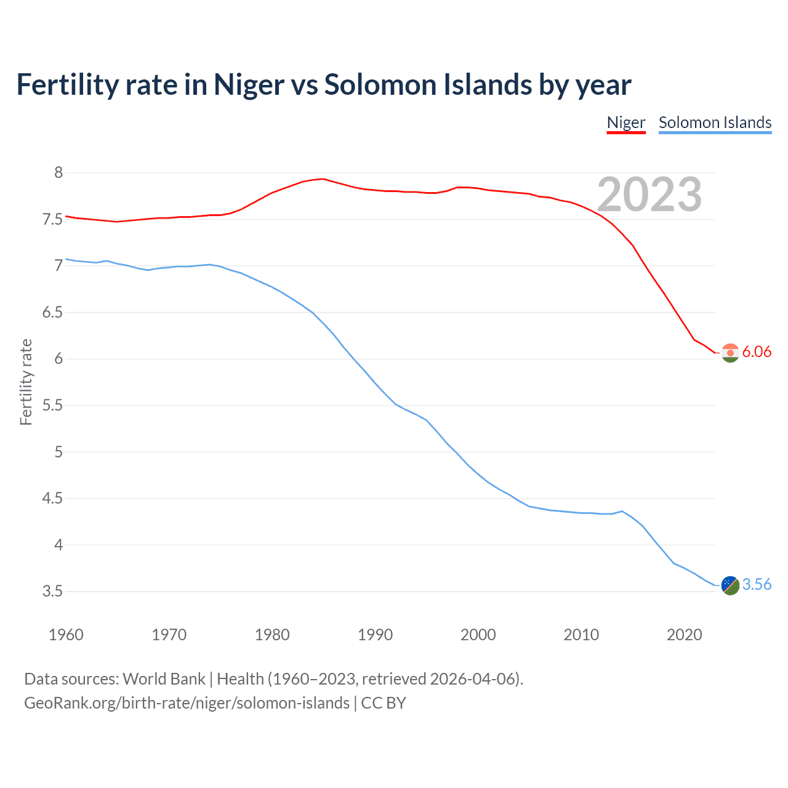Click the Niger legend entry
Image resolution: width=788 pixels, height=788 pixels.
tap(625, 123)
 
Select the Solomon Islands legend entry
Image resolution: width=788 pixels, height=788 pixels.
tap(715, 123)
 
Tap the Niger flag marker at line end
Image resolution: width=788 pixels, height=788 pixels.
tap(730, 353)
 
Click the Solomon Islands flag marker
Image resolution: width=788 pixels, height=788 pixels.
tap(730, 585)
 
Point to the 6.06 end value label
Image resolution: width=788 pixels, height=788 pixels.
tap(757, 352)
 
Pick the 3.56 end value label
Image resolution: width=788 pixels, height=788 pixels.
tap(757, 584)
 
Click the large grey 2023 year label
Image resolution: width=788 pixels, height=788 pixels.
tap(649, 195)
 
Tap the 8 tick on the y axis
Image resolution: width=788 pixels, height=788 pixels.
tap(58, 172)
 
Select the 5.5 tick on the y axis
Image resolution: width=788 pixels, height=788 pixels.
tap(52, 405)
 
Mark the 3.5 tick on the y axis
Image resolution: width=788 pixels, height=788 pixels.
tap(52, 592)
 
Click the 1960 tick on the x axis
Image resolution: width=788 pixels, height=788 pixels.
tap(66, 635)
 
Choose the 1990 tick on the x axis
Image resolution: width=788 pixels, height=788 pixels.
tap(375, 635)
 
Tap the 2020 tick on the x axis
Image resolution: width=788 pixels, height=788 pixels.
tap(684, 635)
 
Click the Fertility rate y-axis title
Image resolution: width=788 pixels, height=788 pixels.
tap(26, 382)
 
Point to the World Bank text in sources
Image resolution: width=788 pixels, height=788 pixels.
tap(164, 679)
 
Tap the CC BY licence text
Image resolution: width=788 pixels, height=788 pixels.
tap(383, 703)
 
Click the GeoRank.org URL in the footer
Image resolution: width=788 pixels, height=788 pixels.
tap(187, 703)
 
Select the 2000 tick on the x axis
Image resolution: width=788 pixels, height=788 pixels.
tap(478, 635)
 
